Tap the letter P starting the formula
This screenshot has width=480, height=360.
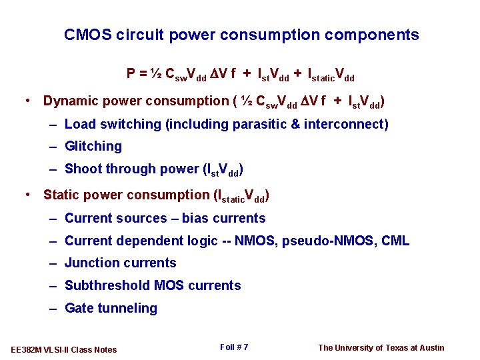click(x=131, y=73)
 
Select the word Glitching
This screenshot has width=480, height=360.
click(x=93, y=147)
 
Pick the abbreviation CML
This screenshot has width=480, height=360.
click(x=395, y=241)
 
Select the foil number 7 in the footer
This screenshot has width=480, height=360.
click(x=246, y=347)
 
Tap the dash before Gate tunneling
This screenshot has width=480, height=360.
click(x=53, y=309)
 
